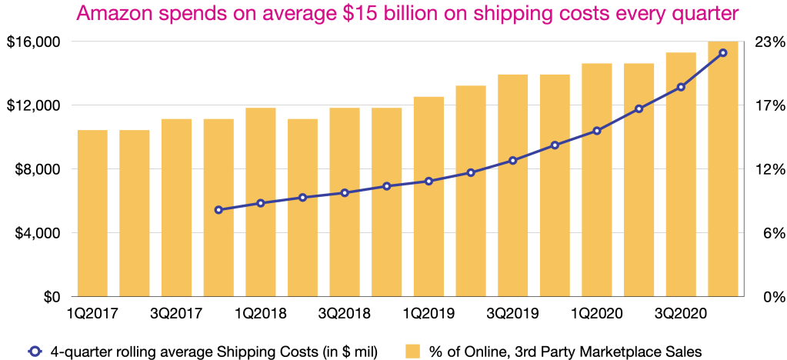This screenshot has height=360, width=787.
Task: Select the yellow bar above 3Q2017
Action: pos(176,207)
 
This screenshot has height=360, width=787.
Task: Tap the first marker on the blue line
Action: pos(218,210)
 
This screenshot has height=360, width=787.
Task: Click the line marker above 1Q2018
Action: pos(261,203)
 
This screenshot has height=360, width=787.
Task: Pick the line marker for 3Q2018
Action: pos(345,192)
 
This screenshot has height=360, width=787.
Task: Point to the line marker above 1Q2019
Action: pos(429,182)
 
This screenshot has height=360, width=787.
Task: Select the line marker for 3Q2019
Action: pos(513,160)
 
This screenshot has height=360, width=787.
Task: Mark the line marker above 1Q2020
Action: pos(597,131)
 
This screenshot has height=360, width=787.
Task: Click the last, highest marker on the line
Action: pos(723,52)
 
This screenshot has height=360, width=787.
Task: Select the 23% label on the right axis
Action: pos(766,42)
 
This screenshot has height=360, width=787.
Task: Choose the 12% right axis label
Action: pos(766,169)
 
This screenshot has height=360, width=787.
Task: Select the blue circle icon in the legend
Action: pos(34,352)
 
